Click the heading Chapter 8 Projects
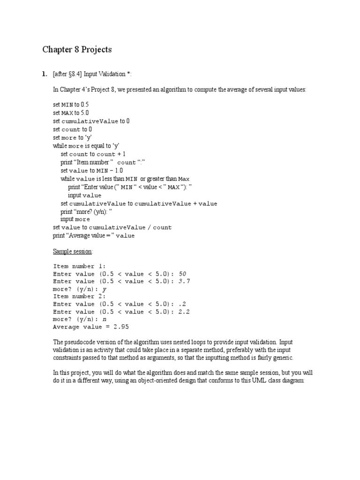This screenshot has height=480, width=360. click(x=77, y=49)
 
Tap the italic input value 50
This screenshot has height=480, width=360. click(x=182, y=274)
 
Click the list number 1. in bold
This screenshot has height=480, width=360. click(x=45, y=74)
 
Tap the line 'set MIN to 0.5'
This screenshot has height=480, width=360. click(x=71, y=105)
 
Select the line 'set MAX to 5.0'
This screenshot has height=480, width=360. click(x=71, y=113)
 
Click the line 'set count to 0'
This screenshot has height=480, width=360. click(x=72, y=129)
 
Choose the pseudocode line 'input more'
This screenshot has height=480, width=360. click(x=75, y=219)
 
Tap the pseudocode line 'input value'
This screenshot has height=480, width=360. click(x=84, y=195)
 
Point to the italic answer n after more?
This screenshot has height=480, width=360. click(x=104, y=319)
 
